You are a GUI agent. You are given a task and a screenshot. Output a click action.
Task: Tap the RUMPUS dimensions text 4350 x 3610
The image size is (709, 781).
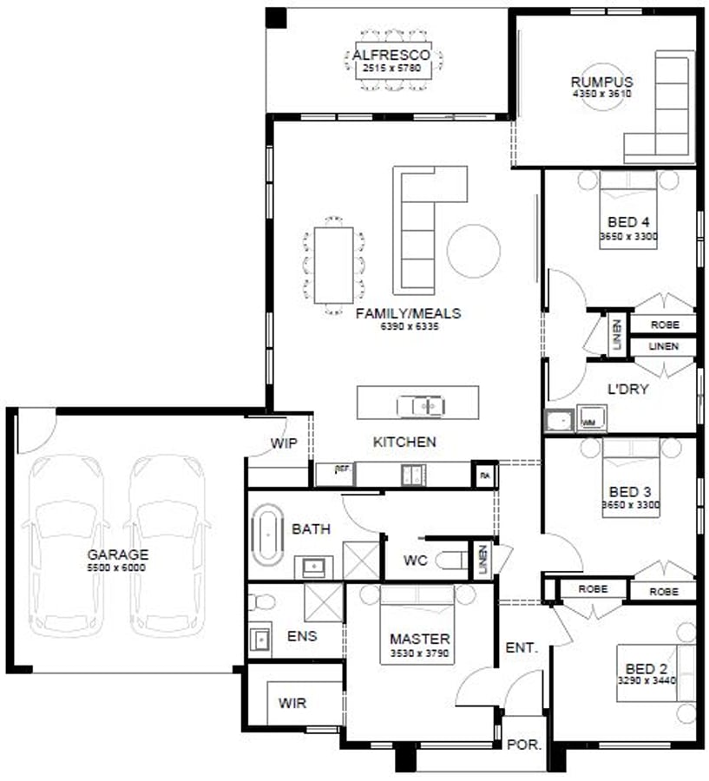point(601,94)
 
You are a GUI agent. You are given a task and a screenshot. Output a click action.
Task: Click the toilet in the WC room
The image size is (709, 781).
point(449,561)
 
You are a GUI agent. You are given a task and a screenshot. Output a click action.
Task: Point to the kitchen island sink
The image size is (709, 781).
point(420,405)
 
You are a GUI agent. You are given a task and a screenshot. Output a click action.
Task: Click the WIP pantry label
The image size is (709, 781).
point(285,443)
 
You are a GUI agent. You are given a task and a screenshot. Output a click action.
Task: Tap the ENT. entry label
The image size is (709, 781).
point(522,646)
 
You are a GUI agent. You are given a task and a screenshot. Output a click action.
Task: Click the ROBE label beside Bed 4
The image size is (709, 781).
point(664,325)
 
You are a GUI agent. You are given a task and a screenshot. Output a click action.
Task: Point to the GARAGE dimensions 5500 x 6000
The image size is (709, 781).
point(117,568)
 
